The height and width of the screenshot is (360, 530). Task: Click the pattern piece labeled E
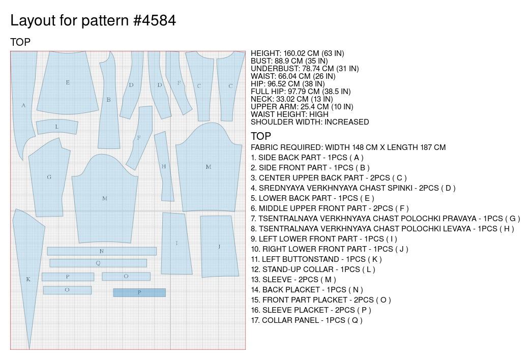point(68,82)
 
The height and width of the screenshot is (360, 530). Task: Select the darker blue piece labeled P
point(139,292)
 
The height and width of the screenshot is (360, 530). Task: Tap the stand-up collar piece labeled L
point(57,127)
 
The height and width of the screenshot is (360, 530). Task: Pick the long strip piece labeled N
point(102,251)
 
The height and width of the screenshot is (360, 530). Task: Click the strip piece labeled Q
point(98,263)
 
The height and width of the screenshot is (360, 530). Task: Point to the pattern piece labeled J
point(219,247)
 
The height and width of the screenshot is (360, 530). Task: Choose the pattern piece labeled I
point(176,244)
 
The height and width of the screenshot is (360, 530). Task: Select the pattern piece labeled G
point(49,177)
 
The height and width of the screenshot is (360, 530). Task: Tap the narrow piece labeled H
point(164,166)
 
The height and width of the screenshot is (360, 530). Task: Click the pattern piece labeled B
point(108,100)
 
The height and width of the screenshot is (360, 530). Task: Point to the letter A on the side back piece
point(23,105)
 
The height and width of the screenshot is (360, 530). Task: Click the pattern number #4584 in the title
point(155,20)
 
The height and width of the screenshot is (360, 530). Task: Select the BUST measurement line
point(289,61)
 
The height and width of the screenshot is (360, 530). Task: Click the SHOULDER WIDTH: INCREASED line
point(310,122)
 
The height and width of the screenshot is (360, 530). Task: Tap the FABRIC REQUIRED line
point(348,147)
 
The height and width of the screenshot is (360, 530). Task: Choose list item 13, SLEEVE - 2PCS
point(293,280)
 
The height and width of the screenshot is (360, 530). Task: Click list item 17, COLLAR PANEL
point(307,320)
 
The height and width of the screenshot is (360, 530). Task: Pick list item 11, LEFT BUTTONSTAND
point(316,259)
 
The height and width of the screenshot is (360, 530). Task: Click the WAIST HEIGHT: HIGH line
point(290,114)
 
